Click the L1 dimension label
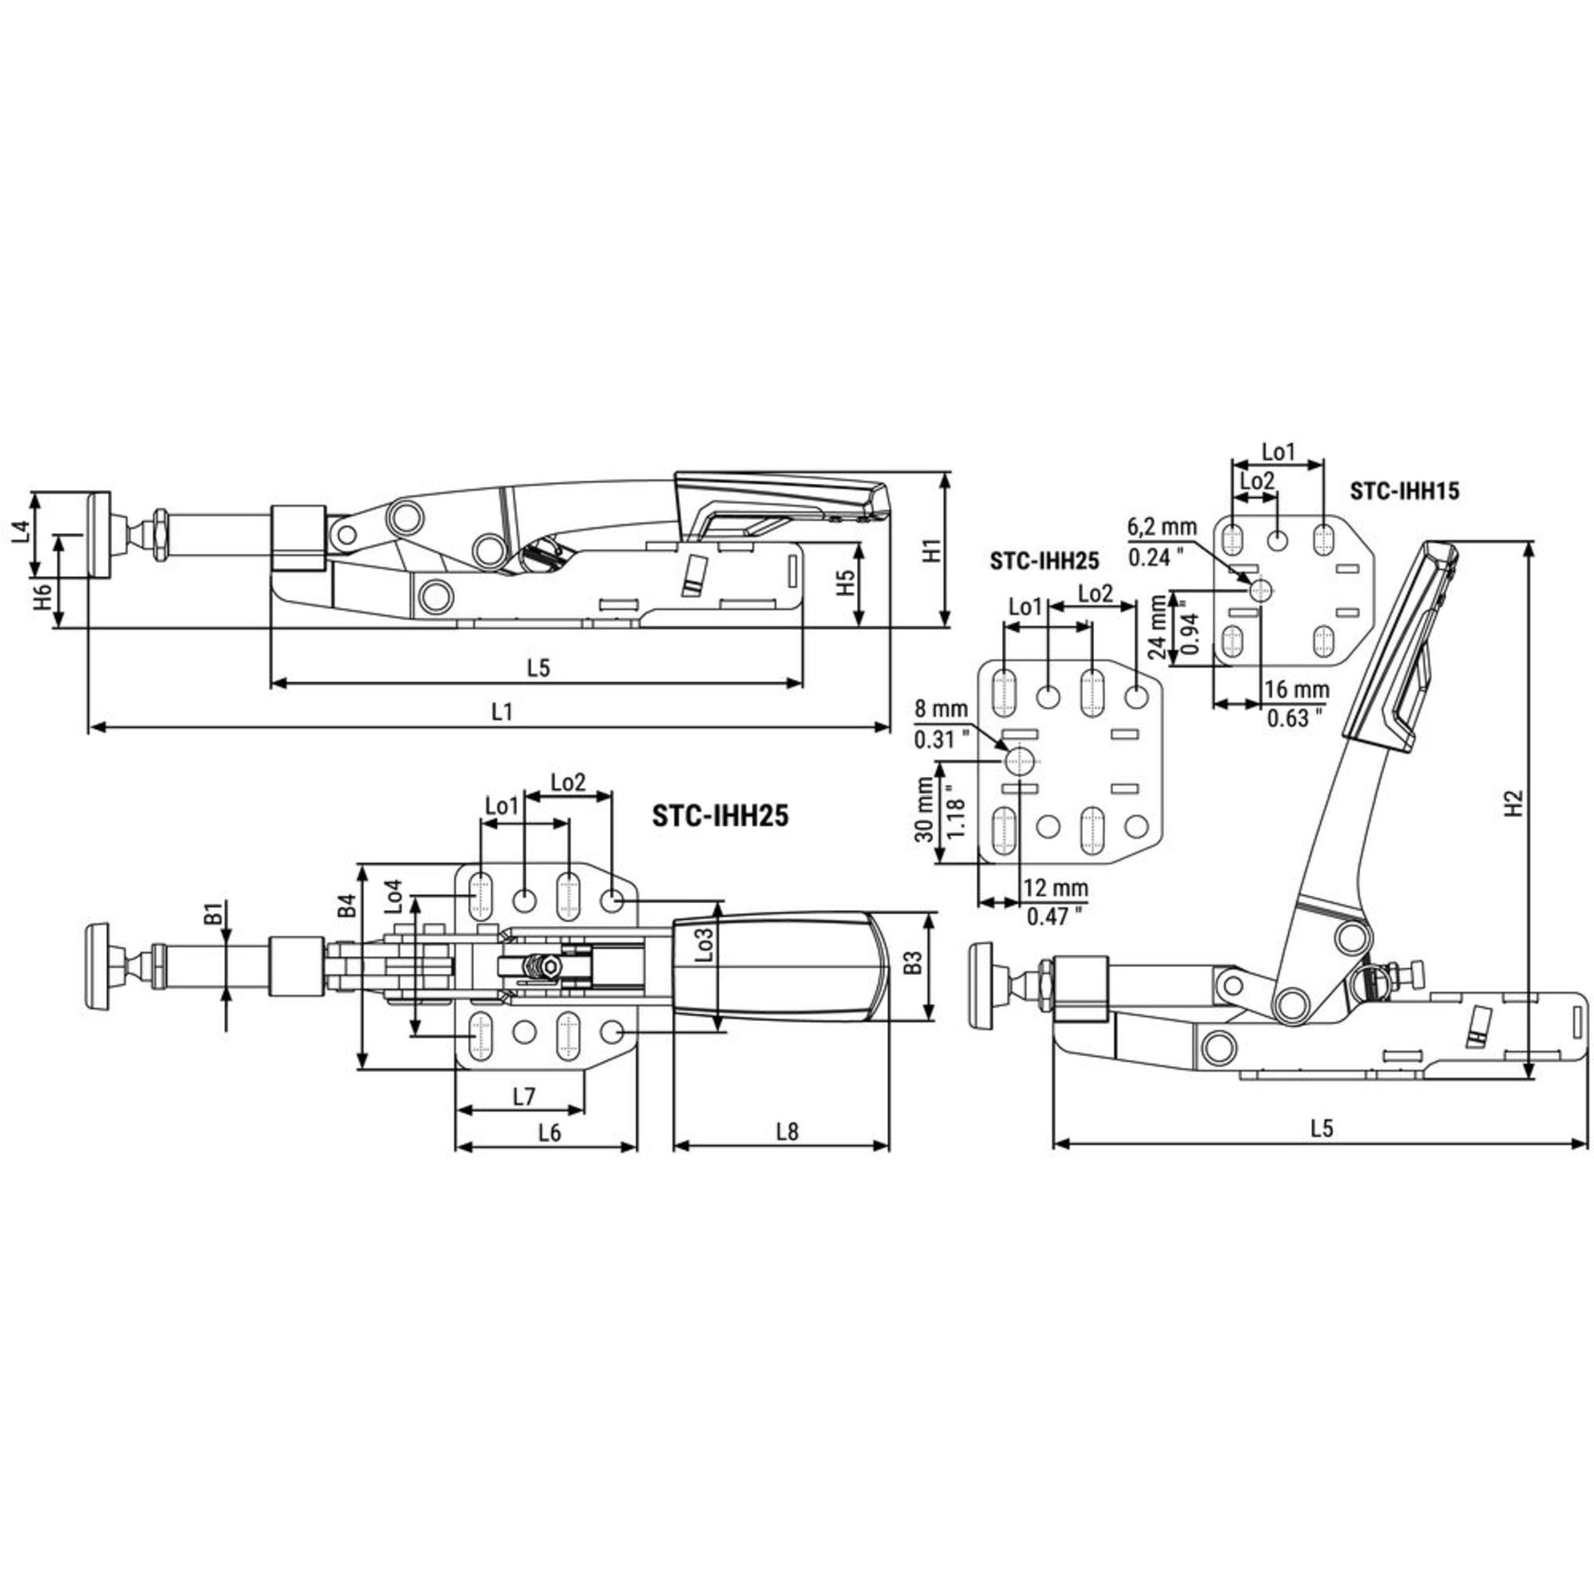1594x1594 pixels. [501, 711]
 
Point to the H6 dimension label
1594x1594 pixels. [45, 595]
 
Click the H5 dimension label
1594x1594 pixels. [843, 584]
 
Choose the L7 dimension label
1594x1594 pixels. [523, 1097]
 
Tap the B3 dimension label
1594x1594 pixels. [912, 963]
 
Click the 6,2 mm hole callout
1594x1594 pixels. [1162, 526]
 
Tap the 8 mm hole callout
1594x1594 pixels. [941, 709]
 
